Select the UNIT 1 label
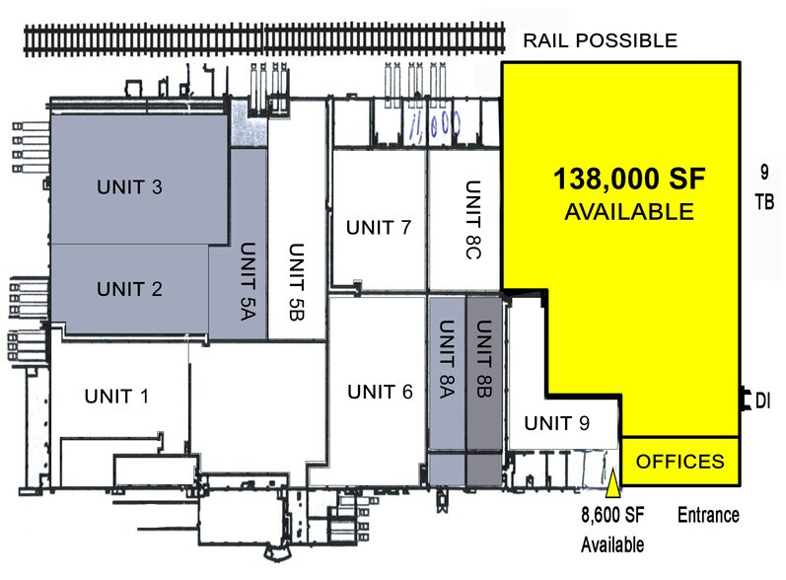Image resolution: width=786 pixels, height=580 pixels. coord(115,397)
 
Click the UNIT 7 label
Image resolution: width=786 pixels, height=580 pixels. coord(378,228)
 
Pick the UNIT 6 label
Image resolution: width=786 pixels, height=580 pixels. coord(380,391)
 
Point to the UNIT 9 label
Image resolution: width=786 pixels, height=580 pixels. coord(556,424)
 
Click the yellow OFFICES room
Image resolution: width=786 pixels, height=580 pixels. coord(679,461)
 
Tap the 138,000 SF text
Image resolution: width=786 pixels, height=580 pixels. coord(631,180)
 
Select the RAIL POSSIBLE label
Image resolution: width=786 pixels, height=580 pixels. coord(600,41)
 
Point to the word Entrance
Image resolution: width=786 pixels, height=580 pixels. coord(708,515)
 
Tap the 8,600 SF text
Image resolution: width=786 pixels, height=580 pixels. coord(611,515)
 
